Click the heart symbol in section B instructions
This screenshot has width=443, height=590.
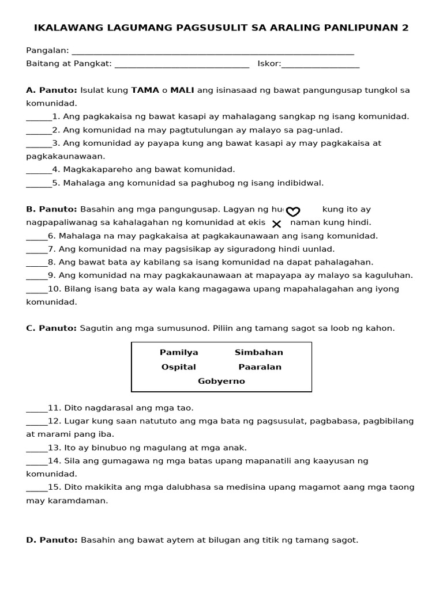293,211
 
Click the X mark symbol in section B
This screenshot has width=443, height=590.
276,224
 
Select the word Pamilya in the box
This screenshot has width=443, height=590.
179,352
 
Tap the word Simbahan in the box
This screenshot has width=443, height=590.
258,352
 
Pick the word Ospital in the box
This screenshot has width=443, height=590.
178,367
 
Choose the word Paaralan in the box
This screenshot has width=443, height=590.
260,367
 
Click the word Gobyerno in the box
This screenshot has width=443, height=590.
221,381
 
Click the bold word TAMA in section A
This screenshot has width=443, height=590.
145,90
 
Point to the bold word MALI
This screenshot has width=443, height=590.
182,90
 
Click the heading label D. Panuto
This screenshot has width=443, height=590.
51,540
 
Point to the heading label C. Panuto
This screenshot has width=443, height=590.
51,328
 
